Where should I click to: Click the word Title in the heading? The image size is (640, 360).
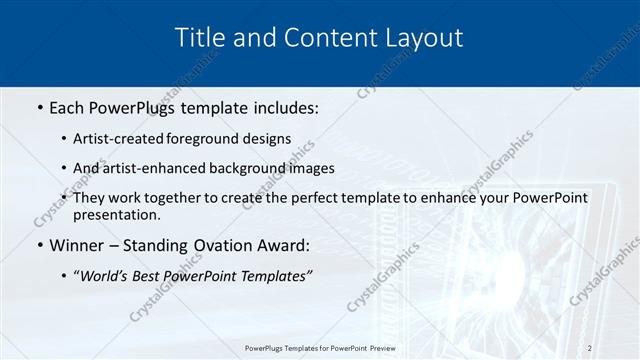(203, 38)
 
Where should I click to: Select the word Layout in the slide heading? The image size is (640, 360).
(421, 38)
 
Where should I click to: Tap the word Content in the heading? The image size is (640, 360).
(319, 38)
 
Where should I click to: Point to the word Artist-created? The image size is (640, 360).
(117, 139)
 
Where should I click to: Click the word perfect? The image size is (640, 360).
(314, 198)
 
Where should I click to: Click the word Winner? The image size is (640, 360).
(77, 245)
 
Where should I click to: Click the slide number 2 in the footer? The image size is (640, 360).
(590, 348)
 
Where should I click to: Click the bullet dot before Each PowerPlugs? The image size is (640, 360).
(39, 106)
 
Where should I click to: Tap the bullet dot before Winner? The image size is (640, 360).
(39, 245)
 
